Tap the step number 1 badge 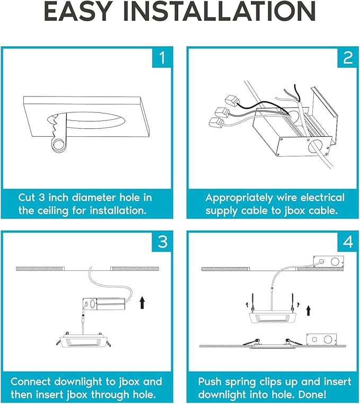tap(162, 57)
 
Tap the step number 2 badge tap(348, 57)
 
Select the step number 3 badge tap(162, 242)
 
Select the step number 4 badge tap(348, 242)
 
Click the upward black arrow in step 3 tap(142, 302)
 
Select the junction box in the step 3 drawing tap(103, 304)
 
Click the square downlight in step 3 tap(84, 341)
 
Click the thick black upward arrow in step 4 tap(308, 311)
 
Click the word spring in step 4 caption tap(241, 382)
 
